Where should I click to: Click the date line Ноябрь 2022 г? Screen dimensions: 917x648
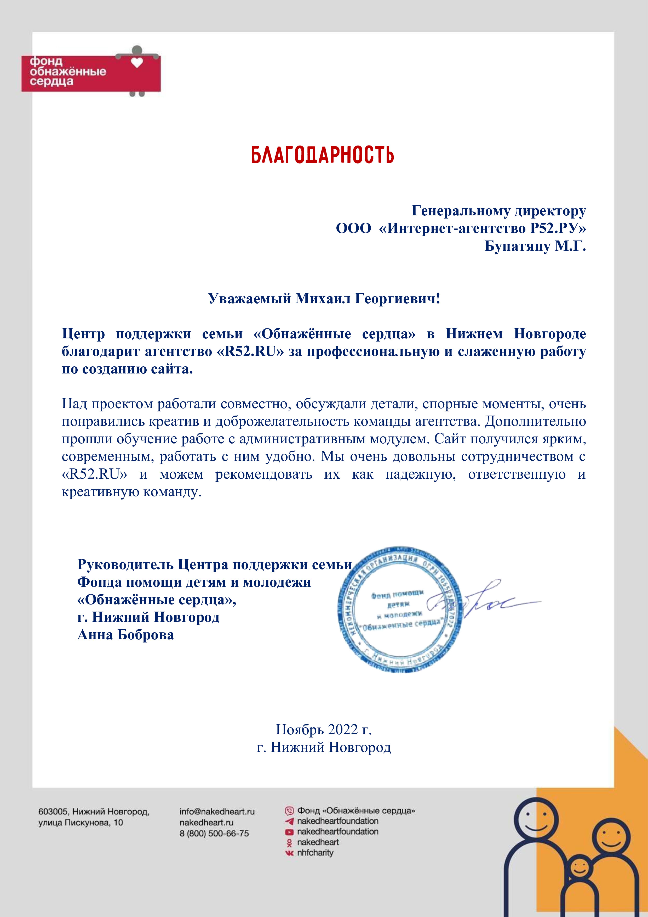coord(324,730)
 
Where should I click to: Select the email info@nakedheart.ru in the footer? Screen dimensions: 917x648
coord(217,812)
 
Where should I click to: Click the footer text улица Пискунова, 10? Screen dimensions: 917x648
coord(81,823)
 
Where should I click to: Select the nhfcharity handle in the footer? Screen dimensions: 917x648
coord(315,853)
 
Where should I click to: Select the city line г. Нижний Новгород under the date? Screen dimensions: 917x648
coord(324,747)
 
